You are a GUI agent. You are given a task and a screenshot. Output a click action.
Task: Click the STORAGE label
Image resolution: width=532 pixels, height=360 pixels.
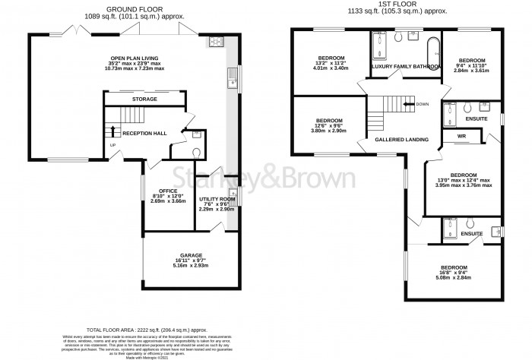(x=144, y=99)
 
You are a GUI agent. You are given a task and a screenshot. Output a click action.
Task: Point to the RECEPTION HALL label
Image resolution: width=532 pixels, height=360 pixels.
(x=144, y=133)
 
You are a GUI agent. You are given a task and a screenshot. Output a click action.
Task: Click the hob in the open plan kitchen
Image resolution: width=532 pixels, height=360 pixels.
(x=214, y=43)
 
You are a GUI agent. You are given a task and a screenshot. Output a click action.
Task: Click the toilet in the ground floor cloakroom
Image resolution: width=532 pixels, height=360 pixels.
(x=196, y=150)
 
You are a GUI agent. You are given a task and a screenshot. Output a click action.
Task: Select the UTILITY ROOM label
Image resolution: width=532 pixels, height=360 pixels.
(x=214, y=197)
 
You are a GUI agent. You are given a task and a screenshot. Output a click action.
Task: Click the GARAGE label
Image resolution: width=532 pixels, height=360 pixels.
(x=191, y=255)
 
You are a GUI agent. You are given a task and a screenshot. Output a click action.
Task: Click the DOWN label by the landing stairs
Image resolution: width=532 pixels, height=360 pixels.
(x=422, y=104)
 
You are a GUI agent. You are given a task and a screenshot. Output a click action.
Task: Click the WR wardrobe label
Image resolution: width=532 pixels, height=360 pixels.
(x=461, y=137)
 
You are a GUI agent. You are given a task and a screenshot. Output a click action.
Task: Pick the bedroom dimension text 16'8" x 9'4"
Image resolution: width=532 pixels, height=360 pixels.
(x=456, y=278)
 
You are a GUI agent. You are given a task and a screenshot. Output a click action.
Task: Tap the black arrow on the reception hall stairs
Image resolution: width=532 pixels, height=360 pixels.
(x=114, y=131)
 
